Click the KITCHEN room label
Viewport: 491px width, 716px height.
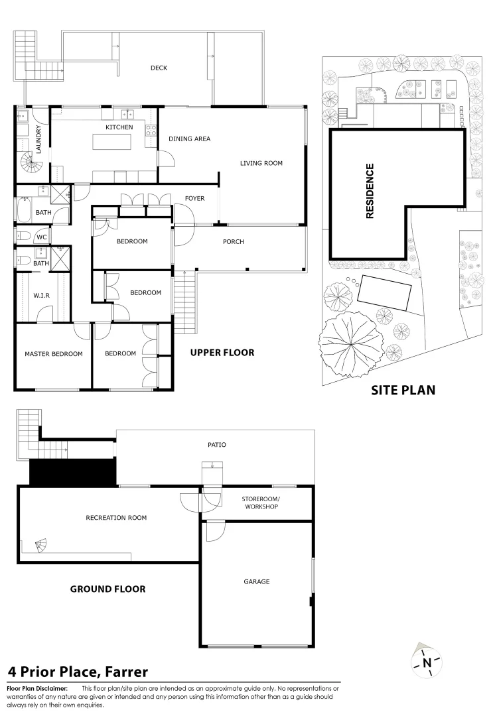(119, 127)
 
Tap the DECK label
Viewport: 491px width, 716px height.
(159, 68)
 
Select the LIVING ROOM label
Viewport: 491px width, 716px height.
(261, 162)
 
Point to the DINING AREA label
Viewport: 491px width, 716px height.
(190, 139)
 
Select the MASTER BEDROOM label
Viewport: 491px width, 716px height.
(54, 354)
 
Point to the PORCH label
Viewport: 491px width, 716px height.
(233, 242)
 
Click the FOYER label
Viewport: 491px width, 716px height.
(195, 199)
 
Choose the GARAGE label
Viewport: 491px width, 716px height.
(257, 581)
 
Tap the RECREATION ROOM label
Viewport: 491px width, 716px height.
(116, 518)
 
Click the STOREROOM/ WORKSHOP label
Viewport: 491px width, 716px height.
(261, 503)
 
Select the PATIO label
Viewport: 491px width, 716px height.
(216, 445)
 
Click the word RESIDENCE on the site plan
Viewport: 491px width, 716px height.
(370, 191)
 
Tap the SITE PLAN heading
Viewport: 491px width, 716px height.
(403, 390)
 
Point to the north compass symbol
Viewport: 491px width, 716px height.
(427, 661)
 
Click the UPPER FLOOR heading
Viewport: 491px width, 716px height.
(222, 353)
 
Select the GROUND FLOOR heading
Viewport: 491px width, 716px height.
(107, 589)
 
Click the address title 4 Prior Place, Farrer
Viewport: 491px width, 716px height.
(78, 672)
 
